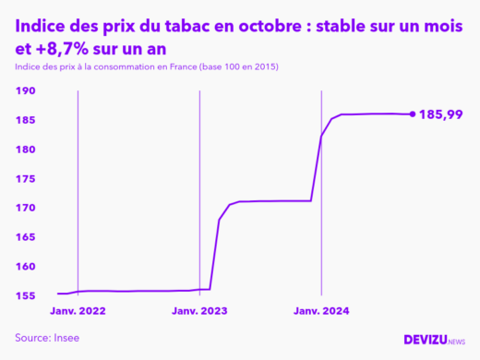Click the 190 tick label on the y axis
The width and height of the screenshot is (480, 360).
(x=25, y=91)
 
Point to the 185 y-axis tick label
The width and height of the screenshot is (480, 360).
(x=25, y=121)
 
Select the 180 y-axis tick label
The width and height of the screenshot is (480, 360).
(x=25, y=150)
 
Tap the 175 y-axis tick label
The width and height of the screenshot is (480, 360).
(x=25, y=179)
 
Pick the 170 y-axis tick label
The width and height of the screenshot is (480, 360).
(x=25, y=208)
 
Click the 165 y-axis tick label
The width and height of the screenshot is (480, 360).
(x=25, y=237)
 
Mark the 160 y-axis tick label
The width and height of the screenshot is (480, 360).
(x=25, y=267)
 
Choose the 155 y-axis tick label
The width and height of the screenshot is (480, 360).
(x=25, y=295)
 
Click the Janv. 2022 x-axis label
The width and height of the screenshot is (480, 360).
(x=78, y=312)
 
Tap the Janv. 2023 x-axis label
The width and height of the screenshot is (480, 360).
(x=200, y=312)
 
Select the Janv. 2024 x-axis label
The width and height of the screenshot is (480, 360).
(x=321, y=312)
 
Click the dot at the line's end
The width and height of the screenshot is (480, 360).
(x=412, y=114)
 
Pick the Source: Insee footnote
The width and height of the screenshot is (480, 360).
(x=47, y=338)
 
